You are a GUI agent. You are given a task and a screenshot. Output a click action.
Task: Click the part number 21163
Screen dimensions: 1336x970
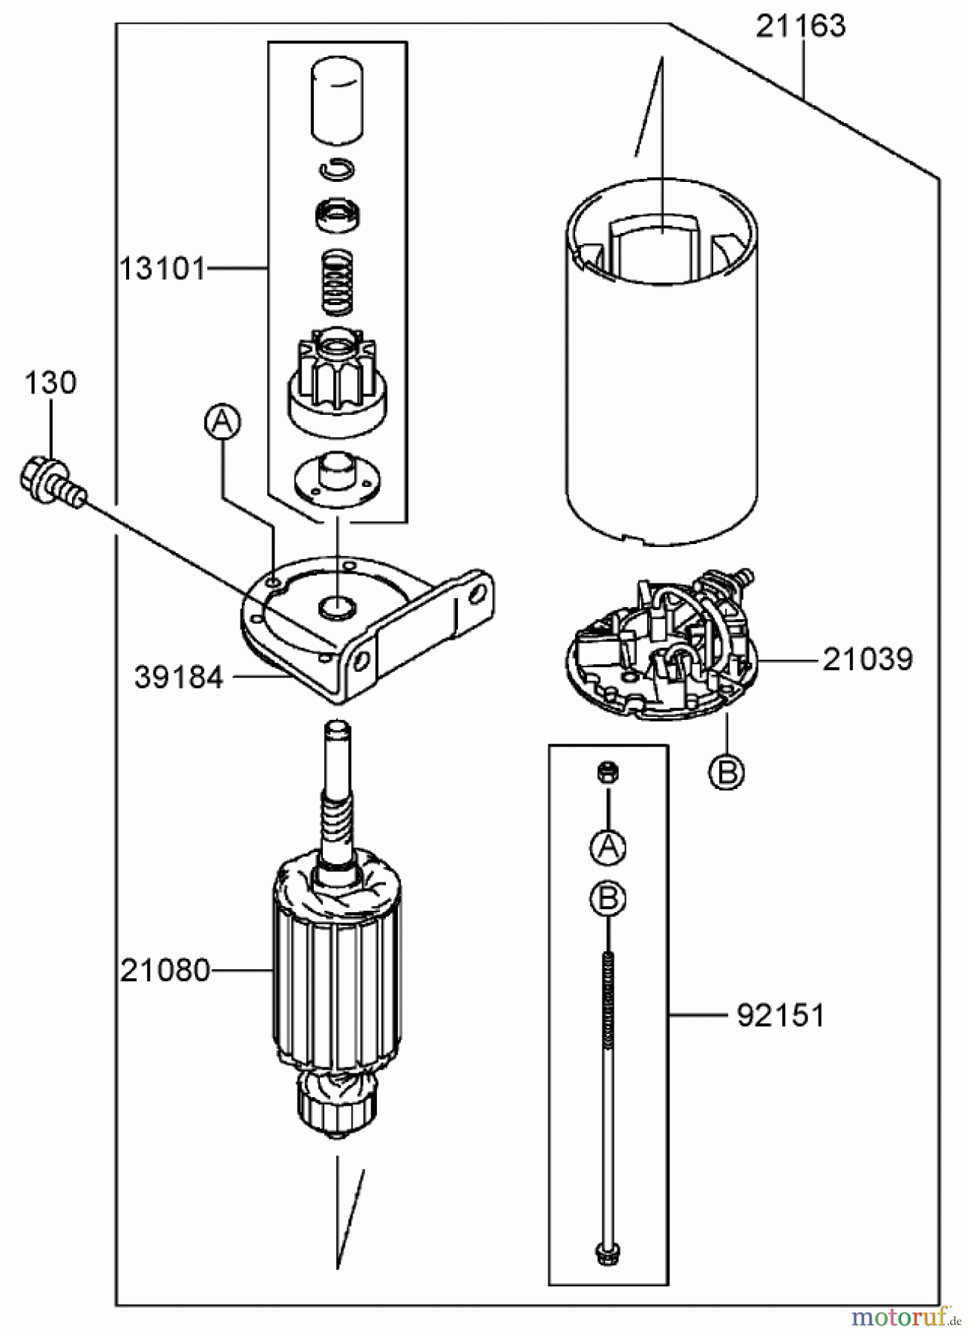800,27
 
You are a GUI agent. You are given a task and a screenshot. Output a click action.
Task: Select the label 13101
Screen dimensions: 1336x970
162,268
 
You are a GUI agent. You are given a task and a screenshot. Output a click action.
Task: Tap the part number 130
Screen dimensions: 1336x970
50,383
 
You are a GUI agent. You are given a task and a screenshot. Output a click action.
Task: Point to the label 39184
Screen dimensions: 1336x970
178,677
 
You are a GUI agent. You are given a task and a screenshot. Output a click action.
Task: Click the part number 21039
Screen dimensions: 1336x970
867,659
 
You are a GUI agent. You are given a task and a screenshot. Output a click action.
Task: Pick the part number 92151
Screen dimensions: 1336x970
780,1016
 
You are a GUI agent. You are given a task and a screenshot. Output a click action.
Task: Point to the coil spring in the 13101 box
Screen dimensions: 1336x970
338,283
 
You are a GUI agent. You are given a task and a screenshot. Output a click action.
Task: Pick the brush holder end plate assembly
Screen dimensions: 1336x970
659,660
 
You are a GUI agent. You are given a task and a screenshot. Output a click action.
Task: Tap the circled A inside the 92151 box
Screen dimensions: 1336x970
608,848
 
